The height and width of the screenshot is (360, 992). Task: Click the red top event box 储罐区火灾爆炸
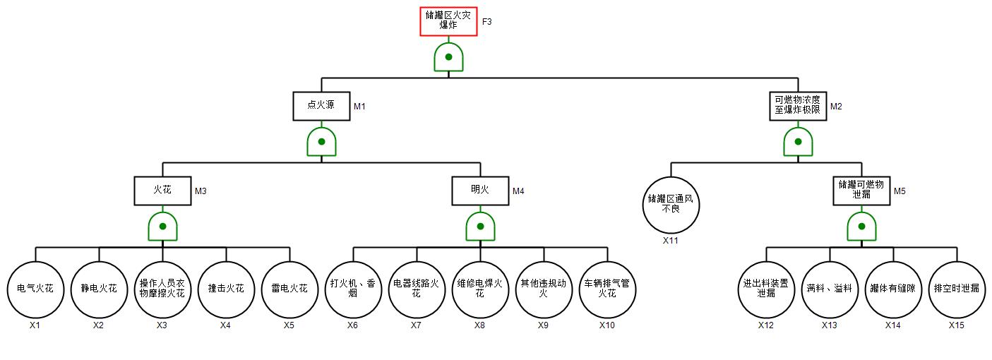click(448, 21)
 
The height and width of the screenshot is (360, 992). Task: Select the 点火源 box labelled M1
click(321, 106)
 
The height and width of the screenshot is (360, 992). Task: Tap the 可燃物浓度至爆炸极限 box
click(798, 106)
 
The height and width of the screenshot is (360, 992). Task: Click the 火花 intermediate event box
click(162, 191)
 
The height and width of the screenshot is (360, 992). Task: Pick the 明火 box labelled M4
click(480, 191)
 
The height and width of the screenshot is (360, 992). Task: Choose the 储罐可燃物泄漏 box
click(861, 191)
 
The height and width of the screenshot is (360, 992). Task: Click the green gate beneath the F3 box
click(448, 57)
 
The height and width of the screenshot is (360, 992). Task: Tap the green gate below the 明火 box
click(480, 227)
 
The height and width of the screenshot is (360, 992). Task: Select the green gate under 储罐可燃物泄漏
click(861, 227)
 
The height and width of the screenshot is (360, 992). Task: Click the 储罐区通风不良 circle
click(671, 205)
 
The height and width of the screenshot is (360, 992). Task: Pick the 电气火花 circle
click(35, 289)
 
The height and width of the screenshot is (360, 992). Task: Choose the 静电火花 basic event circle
click(99, 289)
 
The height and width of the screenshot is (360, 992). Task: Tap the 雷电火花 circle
click(289, 289)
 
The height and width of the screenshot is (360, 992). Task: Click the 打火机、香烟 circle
click(353, 289)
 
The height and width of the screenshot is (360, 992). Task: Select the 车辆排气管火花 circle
click(607, 289)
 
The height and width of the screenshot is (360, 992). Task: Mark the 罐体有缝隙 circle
click(893, 289)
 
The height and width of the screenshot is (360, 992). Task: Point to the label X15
click(957, 325)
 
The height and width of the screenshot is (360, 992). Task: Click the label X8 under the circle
click(480, 325)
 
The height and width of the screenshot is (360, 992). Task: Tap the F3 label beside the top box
click(487, 22)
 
